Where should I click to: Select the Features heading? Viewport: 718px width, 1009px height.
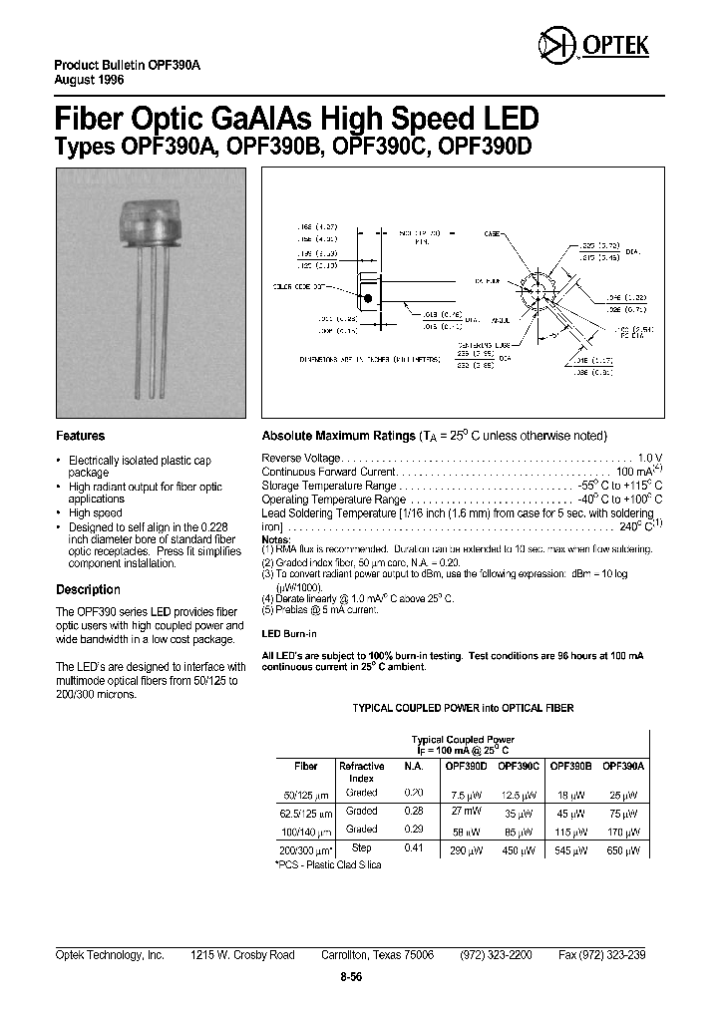[80, 436]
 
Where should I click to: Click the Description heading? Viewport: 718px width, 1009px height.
[88, 589]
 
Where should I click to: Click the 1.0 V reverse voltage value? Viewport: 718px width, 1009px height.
[649, 456]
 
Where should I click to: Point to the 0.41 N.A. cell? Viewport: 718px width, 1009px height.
[413, 846]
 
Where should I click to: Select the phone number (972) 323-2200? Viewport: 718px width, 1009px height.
[495, 954]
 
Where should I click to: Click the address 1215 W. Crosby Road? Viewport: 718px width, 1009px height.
[242, 954]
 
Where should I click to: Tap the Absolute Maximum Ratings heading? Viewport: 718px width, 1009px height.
[337, 436]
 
